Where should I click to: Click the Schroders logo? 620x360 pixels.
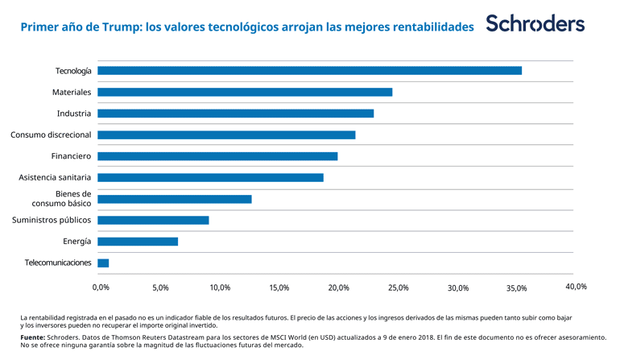[535, 24]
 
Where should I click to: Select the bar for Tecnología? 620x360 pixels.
[309, 71]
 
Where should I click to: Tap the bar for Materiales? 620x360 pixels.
[245, 92]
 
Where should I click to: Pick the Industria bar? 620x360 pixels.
[235, 114]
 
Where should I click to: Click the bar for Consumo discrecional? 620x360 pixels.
[226, 134]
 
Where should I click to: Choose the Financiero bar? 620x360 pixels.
[217, 156]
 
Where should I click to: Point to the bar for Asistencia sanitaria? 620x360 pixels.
[210, 177]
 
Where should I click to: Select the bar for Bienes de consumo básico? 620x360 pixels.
[174, 199]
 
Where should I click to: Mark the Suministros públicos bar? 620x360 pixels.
[153, 220]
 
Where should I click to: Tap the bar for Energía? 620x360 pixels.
[138, 242]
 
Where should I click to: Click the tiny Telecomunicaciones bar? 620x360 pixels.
[103, 263]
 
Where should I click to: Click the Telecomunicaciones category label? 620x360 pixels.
[58, 263]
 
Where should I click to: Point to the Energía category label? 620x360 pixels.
[76, 242]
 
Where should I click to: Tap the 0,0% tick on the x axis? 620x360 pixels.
[101, 288]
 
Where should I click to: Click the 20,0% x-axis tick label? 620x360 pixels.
[339, 288]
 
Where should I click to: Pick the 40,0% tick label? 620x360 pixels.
[576, 286]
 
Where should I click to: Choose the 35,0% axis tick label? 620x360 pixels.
[517, 288]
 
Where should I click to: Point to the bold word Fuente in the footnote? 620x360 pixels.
[32, 337]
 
